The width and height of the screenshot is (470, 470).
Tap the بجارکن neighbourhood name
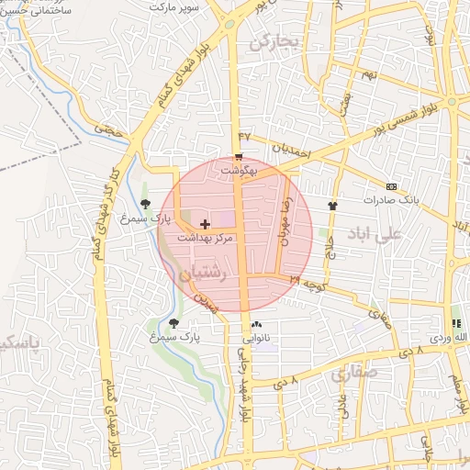click(x=274, y=40)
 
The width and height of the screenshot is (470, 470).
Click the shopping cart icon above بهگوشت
click(x=239, y=157)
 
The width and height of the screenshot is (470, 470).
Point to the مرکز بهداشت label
click(x=207, y=237)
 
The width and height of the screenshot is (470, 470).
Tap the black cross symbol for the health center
click(x=204, y=224)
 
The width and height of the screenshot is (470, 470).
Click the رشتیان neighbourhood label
click(x=202, y=273)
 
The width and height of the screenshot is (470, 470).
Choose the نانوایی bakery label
click(x=256, y=338)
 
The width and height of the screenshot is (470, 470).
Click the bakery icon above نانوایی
click(x=256, y=324)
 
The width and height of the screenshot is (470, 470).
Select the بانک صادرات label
click(x=391, y=199)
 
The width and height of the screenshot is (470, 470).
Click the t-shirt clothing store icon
click(x=332, y=206)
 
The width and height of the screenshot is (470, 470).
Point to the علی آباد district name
click(x=376, y=234)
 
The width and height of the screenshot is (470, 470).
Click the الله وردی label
click(x=452, y=338)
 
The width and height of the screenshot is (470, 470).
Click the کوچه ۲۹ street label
click(x=309, y=281)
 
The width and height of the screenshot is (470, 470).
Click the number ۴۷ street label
click(x=244, y=138)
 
